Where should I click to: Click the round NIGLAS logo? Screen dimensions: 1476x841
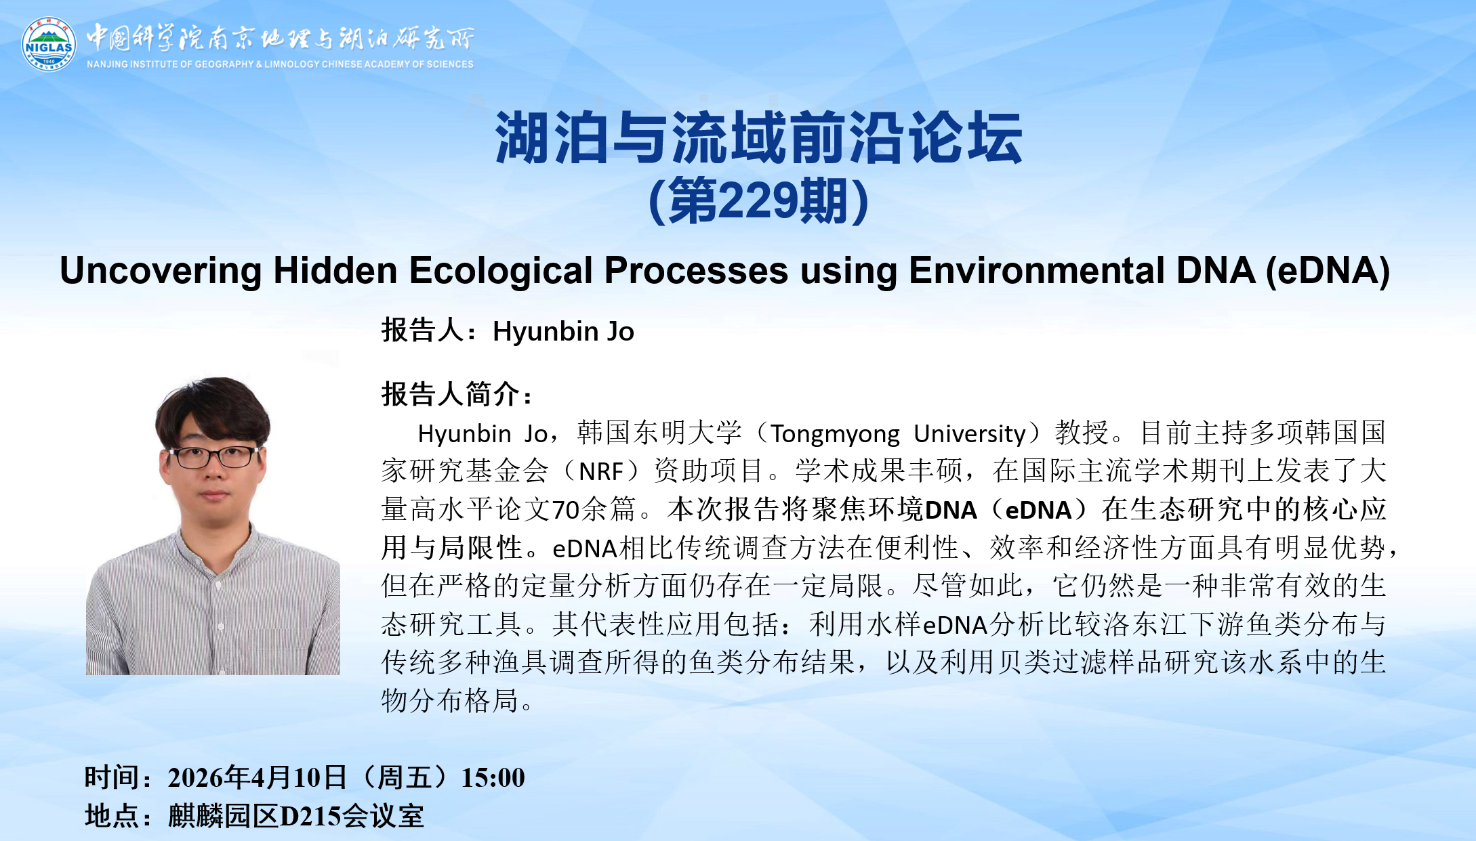click(x=49, y=44)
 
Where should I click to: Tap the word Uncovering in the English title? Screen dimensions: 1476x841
click(x=161, y=272)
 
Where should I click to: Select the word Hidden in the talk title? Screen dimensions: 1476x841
click(x=335, y=271)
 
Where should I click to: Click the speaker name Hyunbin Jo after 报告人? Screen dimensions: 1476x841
click(x=563, y=332)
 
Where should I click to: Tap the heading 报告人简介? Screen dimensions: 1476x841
click(x=451, y=394)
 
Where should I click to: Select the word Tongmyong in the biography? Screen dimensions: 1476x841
click(x=836, y=434)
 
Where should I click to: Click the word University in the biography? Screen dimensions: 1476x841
click(x=970, y=434)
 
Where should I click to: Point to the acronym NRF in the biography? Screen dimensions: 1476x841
click(x=600, y=471)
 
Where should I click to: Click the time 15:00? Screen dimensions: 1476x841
click(x=493, y=778)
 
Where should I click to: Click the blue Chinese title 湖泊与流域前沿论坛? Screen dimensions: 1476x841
click(x=759, y=138)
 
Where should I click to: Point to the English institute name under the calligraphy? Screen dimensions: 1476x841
click(x=280, y=64)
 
